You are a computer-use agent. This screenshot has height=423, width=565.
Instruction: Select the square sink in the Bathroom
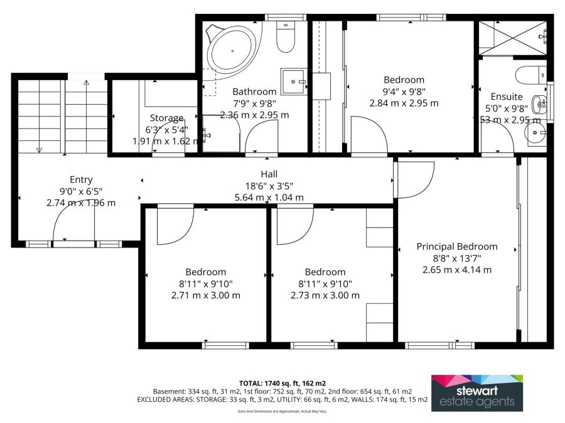pos(293,81)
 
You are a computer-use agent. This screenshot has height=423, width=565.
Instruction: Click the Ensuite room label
pos(506,97)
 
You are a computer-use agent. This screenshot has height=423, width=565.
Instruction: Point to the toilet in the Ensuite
pos(530,76)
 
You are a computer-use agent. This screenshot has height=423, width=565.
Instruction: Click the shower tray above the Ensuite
pos(512,38)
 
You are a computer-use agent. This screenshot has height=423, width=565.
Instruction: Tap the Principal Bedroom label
pos(457,246)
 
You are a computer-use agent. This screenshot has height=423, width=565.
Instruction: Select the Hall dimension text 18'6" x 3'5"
pos(269,185)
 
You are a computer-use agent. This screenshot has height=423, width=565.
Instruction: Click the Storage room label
pos(166,118)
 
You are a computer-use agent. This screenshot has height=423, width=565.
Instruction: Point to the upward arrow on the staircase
pos(86,82)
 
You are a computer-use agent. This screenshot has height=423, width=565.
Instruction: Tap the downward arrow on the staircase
pos(39,149)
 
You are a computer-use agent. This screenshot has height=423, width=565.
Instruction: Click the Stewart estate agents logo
pos(476,393)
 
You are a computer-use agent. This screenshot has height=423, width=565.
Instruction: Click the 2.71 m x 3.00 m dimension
pos(205,295)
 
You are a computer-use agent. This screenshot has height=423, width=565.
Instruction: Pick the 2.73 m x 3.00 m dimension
pos(325,295)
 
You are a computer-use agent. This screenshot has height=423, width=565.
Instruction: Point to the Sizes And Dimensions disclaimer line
pos(282,411)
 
